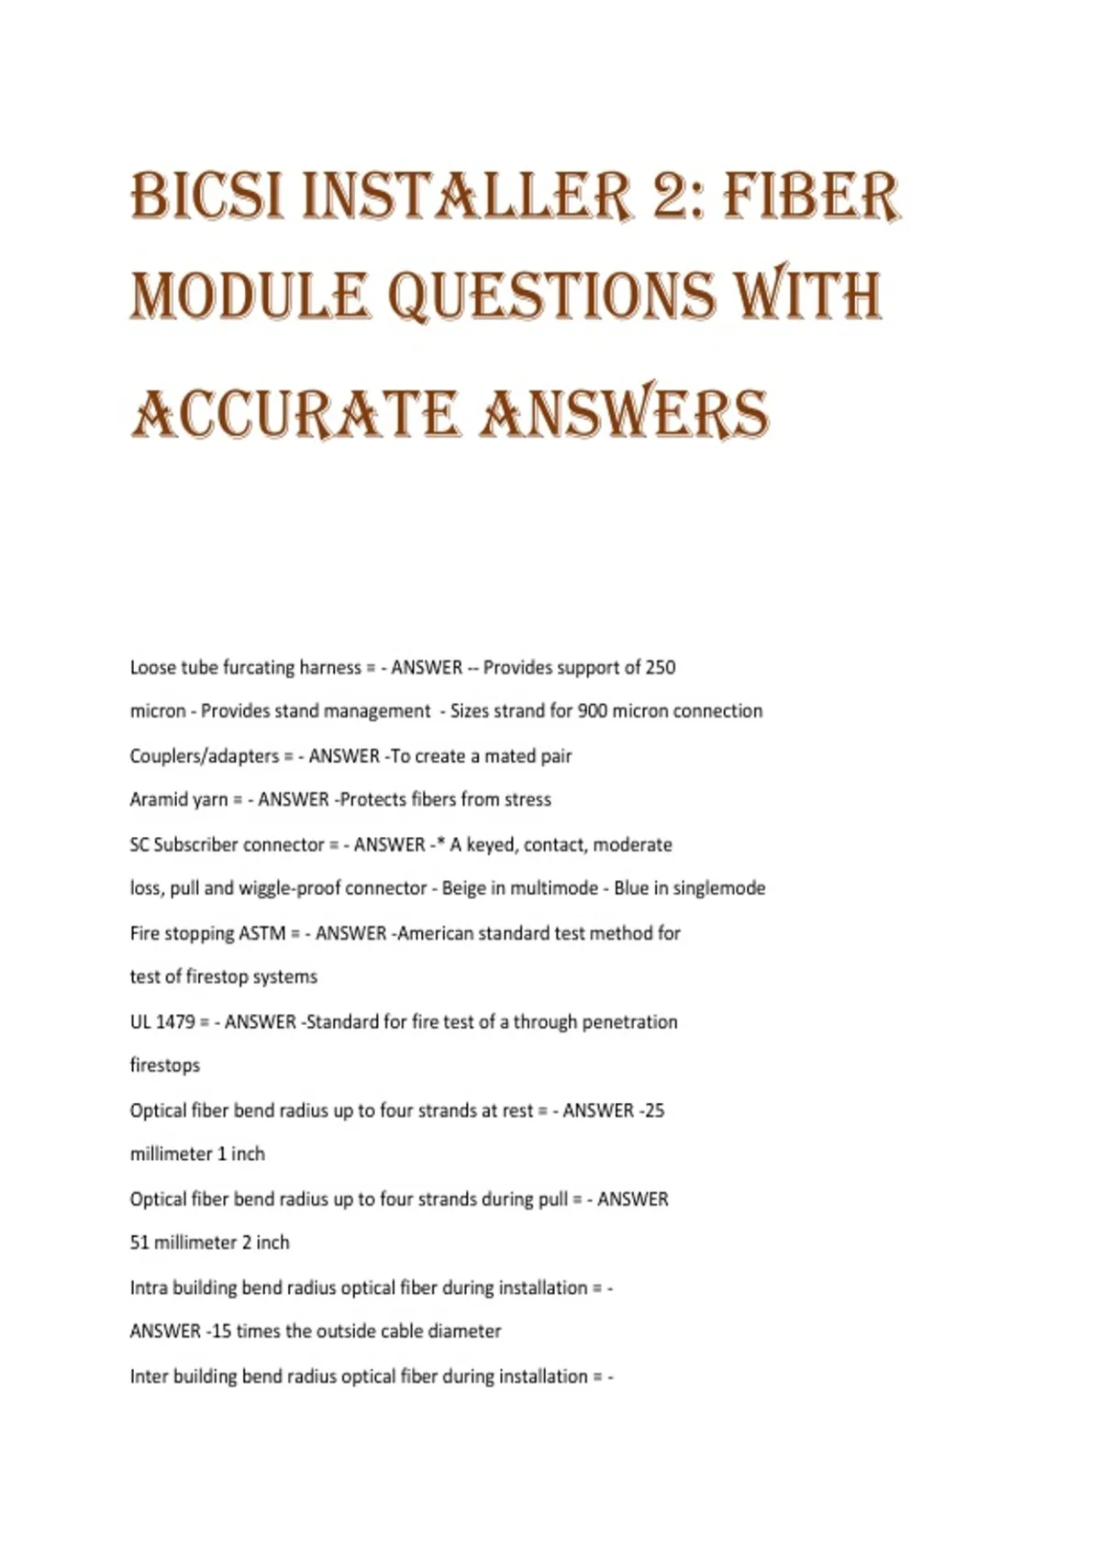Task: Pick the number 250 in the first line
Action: (x=661, y=667)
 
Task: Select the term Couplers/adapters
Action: (x=204, y=756)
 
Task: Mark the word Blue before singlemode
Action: (x=631, y=888)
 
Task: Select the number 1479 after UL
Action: (x=176, y=1021)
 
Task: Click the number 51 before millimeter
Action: (x=139, y=1242)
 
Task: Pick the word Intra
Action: (x=149, y=1287)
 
